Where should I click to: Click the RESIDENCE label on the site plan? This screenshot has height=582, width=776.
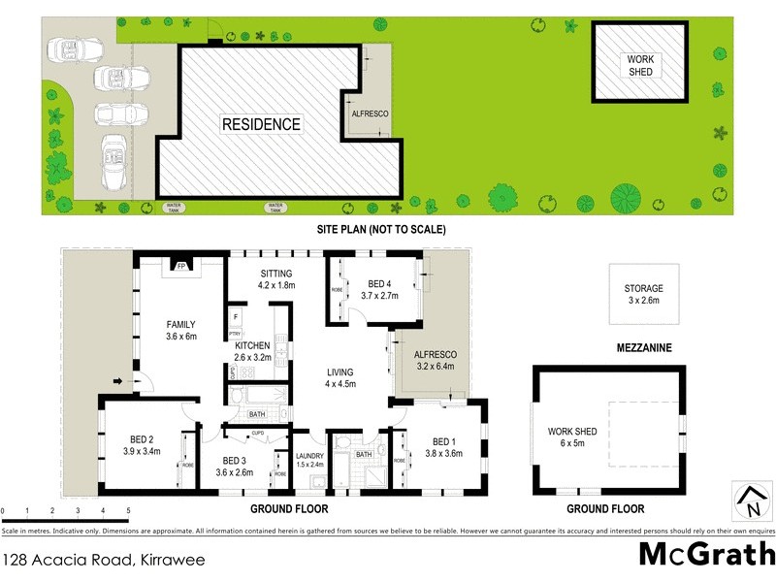(x=261, y=124)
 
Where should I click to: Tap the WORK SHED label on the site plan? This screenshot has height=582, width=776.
(x=640, y=65)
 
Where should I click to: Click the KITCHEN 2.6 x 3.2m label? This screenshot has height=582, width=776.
(x=251, y=352)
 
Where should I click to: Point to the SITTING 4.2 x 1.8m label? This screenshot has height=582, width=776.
(x=275, y=279)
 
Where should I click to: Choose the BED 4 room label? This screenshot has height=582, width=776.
(x=379, y=290)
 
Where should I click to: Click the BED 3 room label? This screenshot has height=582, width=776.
(x=237, y=467)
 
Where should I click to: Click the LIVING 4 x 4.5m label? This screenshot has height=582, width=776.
(x=339, y=378)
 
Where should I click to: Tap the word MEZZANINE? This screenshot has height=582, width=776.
(x=646, y=346)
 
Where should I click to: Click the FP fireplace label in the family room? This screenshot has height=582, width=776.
(x=180, y=264)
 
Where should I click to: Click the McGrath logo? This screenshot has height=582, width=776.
(x=706, y=556)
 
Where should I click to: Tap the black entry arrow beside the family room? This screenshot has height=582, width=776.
(x=119, y=380)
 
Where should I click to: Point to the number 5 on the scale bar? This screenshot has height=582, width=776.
(x=128, y=510)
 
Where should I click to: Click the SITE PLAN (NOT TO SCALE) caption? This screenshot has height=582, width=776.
(x=380, y=230)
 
